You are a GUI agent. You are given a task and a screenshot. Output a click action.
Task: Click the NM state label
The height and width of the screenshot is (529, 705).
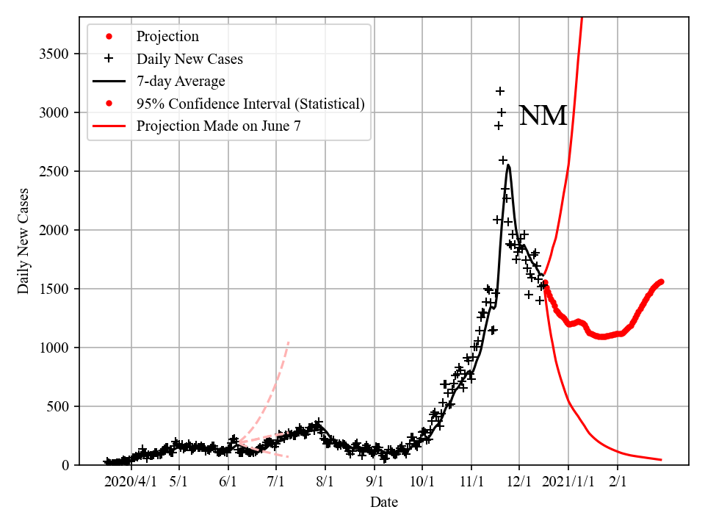click(x=543, y=116)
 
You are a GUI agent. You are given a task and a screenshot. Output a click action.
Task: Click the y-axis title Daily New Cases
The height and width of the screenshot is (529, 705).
click(x=23, y=241)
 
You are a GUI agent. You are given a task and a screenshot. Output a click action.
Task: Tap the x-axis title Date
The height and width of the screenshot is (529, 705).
click(x=384, y=503)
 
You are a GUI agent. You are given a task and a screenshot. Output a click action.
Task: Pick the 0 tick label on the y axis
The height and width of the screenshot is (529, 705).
click(x=66, y=466)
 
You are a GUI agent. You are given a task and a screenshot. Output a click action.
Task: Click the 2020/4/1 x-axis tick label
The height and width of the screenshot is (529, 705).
click(x=130, y=482)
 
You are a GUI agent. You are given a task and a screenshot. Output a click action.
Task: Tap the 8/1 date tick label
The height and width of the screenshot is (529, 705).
click(x=325, y=482)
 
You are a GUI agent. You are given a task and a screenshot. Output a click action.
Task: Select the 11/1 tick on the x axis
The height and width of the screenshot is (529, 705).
click(x=471, y=482)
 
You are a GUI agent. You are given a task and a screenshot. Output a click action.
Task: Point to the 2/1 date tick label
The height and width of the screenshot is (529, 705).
click(x=618, y=482)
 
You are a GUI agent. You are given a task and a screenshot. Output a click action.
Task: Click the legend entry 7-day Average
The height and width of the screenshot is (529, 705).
click(x=181, y=81)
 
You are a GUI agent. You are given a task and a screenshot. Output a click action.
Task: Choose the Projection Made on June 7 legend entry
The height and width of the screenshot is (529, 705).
click(x=218, y=126)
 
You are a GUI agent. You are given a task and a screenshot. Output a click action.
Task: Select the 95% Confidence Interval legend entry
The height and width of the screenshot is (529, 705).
click(x=250, y=104)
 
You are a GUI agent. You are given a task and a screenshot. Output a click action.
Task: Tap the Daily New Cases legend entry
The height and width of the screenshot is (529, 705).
click(x=189, y=59)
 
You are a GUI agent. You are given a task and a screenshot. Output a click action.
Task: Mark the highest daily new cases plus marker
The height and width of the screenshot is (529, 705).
click(x=500, y=91)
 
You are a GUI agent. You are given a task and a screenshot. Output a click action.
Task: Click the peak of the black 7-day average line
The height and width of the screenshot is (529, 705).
click(x=508, y=165)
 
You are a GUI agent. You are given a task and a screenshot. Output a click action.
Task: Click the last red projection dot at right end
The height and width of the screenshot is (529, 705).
click(x=662, y=281)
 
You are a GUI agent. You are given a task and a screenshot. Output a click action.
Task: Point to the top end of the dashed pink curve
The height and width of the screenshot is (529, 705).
click(x=289, y=342)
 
